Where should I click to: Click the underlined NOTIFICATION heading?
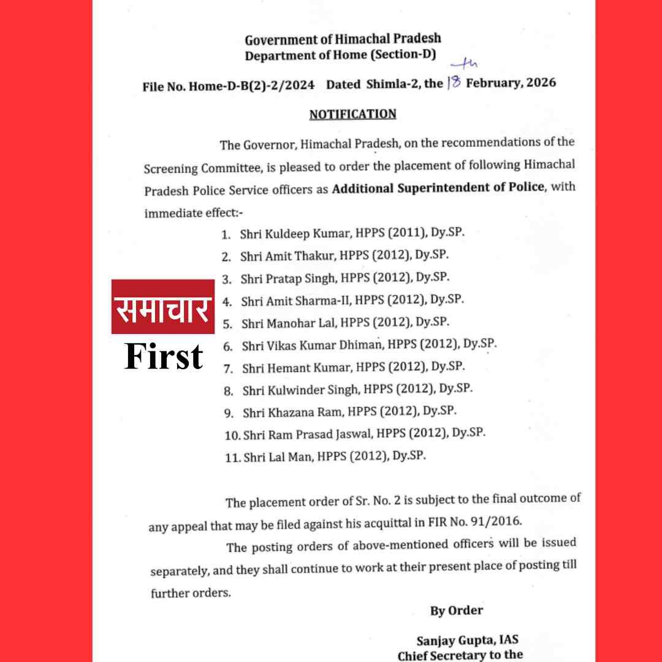click(352, 115)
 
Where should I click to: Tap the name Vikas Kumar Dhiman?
click(304, 346)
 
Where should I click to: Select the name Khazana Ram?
click(281, 412)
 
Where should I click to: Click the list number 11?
click(233, 457)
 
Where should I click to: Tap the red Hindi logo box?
click(162, 306)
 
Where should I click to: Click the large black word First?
click(164, 357)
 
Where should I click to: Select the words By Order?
click(456, 611)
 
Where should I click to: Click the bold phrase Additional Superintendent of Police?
click(438, 187)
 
